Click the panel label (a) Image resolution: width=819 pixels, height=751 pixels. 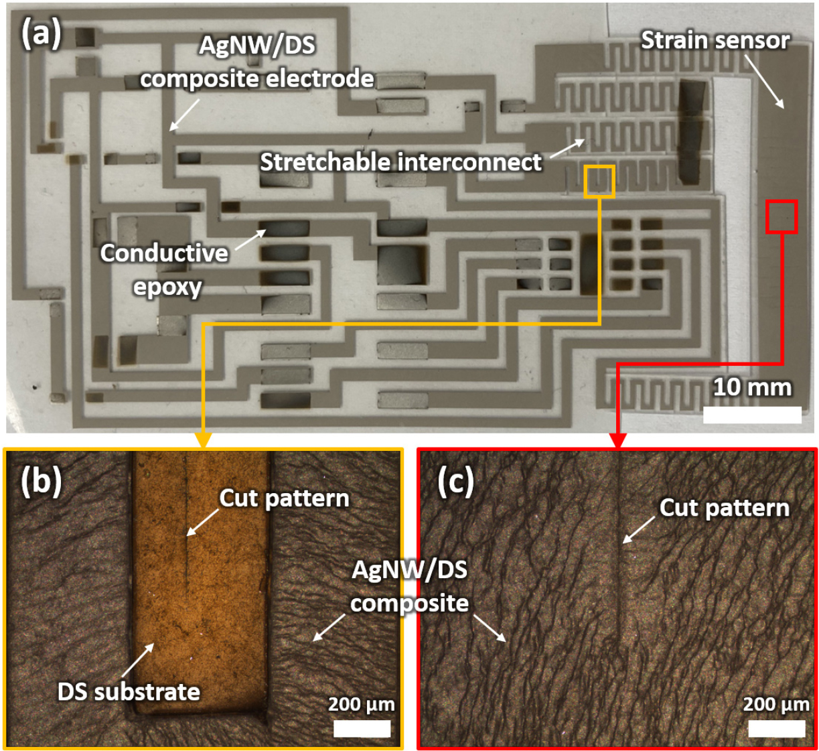[42, 33]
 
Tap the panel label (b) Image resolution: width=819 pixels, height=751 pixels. [41, 481]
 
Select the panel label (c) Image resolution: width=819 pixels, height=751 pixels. [455, 481]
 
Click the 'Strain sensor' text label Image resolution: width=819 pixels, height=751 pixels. [715, 41]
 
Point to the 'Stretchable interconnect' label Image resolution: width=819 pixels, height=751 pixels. [400, 162]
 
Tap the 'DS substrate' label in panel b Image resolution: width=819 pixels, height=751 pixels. [129, 691]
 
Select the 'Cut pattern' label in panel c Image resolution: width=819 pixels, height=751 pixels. [724, 508]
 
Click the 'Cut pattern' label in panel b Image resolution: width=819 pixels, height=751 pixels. [285, 498]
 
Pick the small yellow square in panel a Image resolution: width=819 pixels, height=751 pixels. [599, 181]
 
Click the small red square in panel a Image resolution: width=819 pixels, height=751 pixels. [781, 216]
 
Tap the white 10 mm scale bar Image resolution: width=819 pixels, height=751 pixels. [752, 415]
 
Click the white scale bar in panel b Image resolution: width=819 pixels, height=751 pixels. [362, 728]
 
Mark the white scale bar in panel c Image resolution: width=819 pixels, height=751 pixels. [777, 728]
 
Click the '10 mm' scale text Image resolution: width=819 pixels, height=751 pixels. [751, 387]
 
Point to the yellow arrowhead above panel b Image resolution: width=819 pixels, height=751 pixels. [203, 439]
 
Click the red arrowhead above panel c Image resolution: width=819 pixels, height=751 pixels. [617, 439]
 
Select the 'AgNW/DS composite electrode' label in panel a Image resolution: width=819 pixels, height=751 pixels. [257, 62]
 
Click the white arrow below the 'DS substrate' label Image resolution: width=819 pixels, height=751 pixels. [139, 659]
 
